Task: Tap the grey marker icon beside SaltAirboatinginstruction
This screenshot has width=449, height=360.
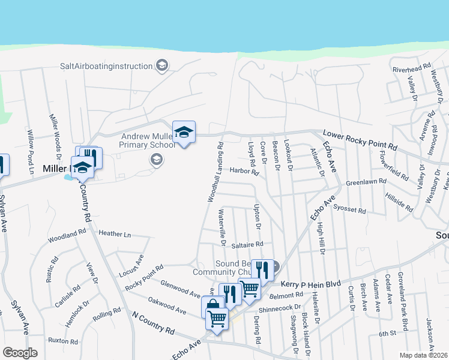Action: [161, 65]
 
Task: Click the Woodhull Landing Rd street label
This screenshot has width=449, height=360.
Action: [215, 172]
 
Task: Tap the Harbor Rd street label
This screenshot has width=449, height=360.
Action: [244, 172]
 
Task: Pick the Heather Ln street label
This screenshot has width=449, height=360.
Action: [115, 233]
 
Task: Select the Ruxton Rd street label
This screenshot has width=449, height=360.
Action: [64, 341]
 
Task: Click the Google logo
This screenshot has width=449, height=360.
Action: [20, 353]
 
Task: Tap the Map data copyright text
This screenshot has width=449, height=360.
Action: [424, 355]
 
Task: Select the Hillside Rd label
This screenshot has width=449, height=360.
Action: [400, 203]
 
